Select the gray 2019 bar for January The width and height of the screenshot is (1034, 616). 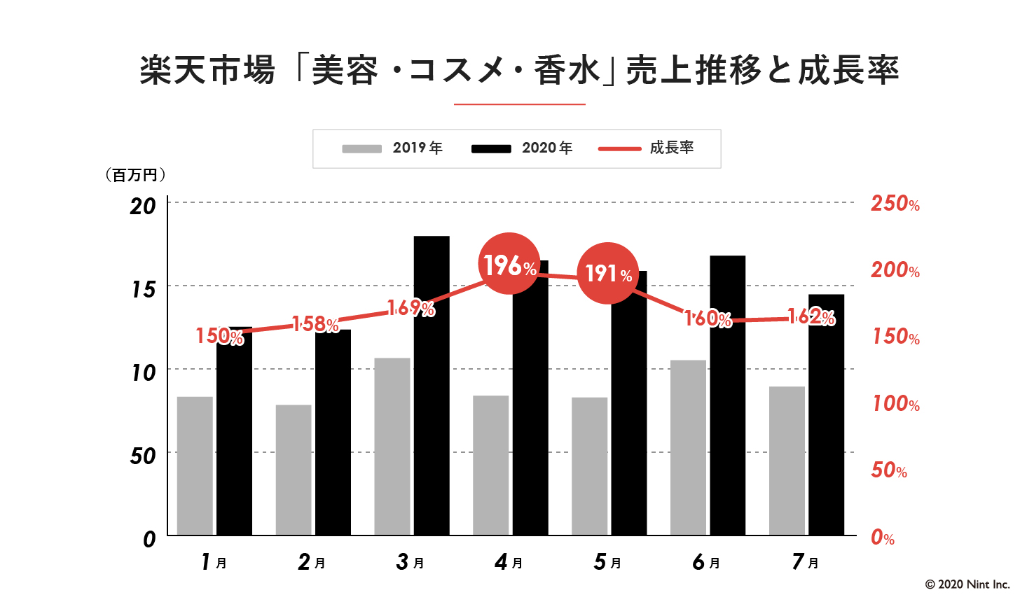point(195,465)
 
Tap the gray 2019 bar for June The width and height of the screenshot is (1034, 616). point(688,448)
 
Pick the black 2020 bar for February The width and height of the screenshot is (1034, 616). point(333,434)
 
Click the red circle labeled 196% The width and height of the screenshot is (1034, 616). point(509,265)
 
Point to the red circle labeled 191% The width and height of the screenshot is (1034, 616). point(607,273)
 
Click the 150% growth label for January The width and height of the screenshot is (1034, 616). point(219,337)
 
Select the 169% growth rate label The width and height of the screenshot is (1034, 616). point(411,308)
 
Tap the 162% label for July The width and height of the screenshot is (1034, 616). point(811,318)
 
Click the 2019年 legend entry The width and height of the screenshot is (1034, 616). point(392,148)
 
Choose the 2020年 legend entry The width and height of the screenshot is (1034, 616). point(522,148)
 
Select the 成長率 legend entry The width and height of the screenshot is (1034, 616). point(646,148)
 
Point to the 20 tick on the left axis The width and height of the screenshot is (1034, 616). point(143,206)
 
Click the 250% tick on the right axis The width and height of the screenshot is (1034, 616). point(895,204)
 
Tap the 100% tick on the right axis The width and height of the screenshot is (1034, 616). point(895,404)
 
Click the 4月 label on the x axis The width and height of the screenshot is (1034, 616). point(509,562)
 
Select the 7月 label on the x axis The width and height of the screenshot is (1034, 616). point(805,562)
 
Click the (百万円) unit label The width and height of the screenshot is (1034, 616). point(135,175)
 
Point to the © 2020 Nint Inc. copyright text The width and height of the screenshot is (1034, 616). point(967,584)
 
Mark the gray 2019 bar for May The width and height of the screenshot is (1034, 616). point(589,466)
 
